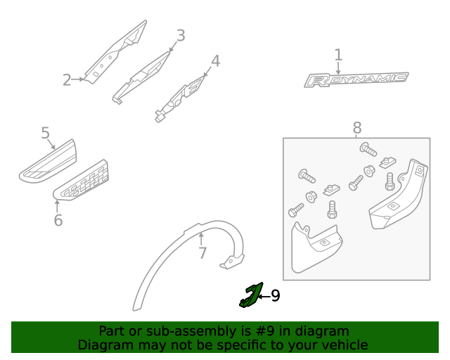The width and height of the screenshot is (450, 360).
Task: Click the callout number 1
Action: [338, 55]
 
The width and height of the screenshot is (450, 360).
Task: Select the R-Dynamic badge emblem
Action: [355, 79]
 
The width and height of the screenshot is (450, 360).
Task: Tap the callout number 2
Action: [67, 80]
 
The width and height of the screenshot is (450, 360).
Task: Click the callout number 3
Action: [181, 35]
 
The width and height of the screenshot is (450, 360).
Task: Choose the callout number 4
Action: [216, 61]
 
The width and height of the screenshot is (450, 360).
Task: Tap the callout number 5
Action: [45, 133]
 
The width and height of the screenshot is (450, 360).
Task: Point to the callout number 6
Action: [58, 220]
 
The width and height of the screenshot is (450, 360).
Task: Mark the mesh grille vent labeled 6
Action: [82, 179]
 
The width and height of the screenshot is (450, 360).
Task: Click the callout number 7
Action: [202, 252]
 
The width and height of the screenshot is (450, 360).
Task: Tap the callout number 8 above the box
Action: [357, 128]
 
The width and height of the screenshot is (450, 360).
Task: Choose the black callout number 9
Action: [275, 296]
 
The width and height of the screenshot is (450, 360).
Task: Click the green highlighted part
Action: [250, 295]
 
